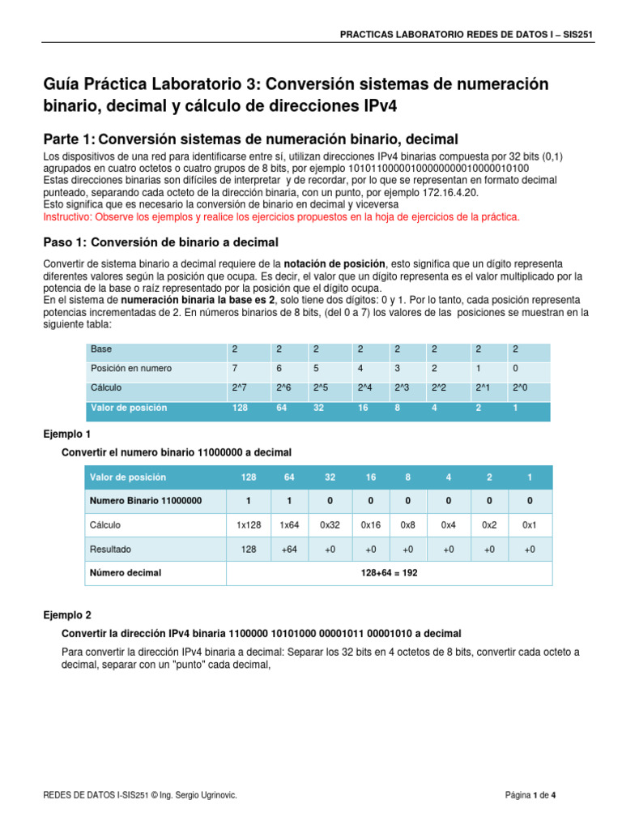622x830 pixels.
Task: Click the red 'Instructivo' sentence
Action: [280, 217]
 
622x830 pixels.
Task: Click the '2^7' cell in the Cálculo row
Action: [241, 387]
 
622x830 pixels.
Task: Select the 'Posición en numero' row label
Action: [131, 368]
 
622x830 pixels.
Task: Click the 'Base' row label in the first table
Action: [101, 349]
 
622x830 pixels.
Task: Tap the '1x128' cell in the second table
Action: [248, 525]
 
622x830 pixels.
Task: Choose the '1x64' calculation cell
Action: [289, 525]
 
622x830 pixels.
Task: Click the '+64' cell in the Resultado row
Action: [289, 550]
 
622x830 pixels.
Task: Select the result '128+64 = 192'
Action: [389, 573]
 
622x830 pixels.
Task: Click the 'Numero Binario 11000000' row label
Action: [146, 500]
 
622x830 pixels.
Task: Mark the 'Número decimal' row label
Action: [126, 573]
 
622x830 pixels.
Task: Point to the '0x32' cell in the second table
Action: [330, 525]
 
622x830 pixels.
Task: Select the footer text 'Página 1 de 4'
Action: [530, 796]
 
